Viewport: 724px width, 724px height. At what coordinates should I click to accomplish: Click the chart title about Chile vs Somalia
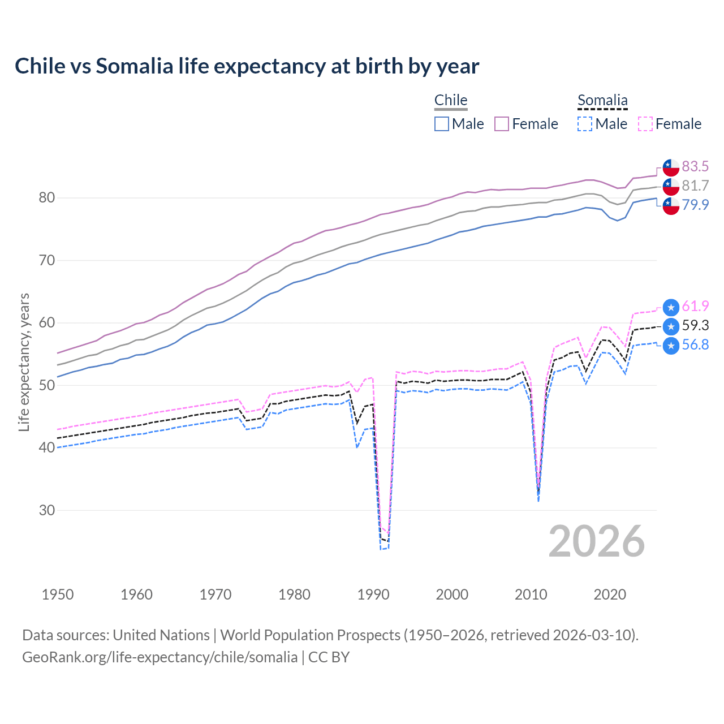247,66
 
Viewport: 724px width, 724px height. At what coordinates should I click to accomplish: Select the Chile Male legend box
442,124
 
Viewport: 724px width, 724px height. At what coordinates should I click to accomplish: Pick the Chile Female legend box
502,124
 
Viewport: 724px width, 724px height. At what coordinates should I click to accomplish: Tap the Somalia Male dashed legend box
585,124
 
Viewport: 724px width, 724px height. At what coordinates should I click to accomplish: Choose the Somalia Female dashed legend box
645,124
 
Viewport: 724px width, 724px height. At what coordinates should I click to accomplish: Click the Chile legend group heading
451,100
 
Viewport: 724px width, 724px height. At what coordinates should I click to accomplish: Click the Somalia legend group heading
602,100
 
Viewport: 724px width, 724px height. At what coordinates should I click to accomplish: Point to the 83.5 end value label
695,166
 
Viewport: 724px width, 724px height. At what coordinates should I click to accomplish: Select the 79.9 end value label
695,205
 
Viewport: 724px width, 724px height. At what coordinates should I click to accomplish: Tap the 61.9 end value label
695,306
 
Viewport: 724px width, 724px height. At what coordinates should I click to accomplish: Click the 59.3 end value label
695,325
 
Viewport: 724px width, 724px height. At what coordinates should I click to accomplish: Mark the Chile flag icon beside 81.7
671,186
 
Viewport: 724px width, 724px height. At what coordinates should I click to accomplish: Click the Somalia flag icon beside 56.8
671,346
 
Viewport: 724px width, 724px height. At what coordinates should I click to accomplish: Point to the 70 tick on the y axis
47,261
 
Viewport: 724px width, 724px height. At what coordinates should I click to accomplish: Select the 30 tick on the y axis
47,510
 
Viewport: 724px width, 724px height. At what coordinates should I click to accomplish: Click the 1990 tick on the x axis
373,594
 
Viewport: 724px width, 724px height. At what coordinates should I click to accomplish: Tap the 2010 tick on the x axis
531,594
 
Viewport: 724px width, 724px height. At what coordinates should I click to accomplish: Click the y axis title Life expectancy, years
24,362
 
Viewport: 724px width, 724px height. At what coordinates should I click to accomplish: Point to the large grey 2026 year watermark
597,541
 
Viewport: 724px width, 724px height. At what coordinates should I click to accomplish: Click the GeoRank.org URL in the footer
160,657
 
